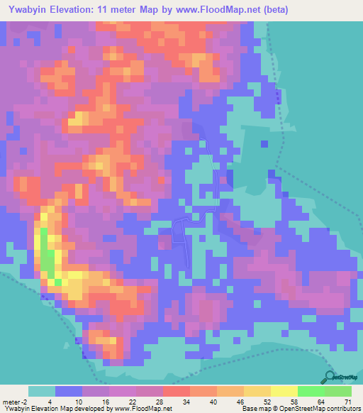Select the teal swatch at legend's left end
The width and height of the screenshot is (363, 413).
click(x=42, y=391)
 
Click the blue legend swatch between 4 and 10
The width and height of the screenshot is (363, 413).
click(x=69, y=391)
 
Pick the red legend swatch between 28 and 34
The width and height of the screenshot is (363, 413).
click(x=177, y=391)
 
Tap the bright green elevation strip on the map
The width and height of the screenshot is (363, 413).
click(x=46, y=255)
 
